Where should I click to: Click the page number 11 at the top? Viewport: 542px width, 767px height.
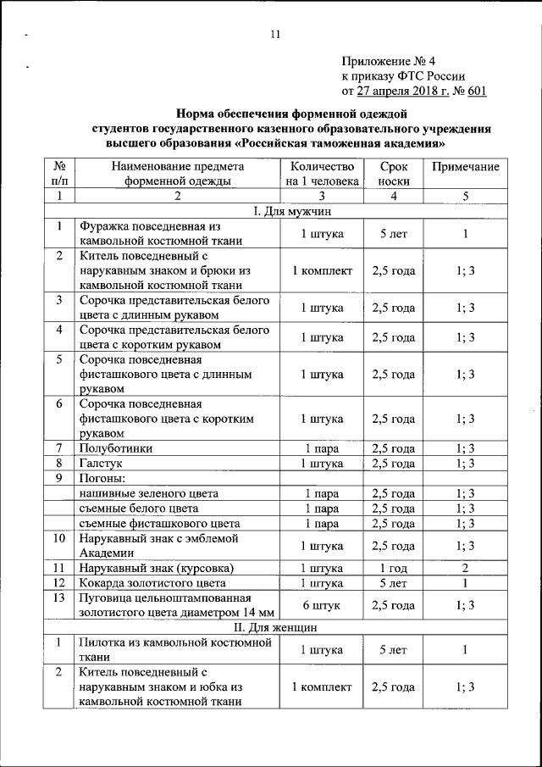pyautogui.click(x=274, y=35)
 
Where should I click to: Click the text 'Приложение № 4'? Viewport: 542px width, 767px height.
pyautogui.click(x=388, y=61)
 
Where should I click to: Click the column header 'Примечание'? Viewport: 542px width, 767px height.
pyautogui.click(x=465, y=167)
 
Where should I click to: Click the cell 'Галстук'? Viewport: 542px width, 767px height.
pyautogui.click(x=102, y=464)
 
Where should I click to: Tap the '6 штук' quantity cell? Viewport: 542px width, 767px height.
pyautogui.click(x=322, y=605)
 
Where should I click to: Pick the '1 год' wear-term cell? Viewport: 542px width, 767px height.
pyautogui.click(x=393, y=568)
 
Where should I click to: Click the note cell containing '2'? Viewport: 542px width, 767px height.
pyautogui.click(x=465, y=568)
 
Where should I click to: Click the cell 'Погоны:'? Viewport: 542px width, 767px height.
pyautogui.click(x=101, y=478)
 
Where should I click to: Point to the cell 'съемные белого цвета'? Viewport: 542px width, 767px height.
pyautogui.click(x=139, y=509)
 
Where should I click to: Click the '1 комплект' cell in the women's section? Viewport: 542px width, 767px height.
pyautogui.click(x=322, y=686)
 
